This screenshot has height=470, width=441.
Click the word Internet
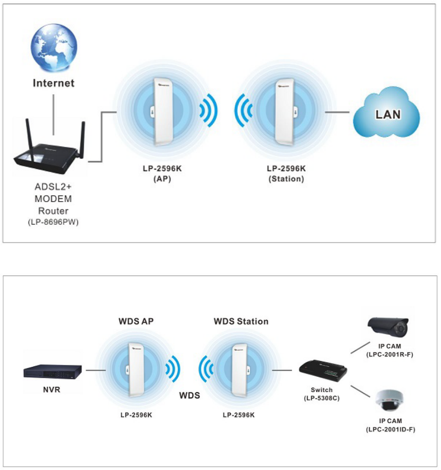pyautogui.click(x=54, y=83)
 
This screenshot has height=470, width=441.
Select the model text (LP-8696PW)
pyautogui.click(x=53, y=223)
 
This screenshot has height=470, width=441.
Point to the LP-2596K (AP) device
pyautogui.click(x=158, y=112)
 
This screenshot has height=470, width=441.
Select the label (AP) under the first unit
pyautogui.click(x=158, y=178)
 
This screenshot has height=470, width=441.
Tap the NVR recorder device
pyautogui.click(x=53, y=371)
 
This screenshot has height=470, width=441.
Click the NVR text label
pyautogui.click(x=53, y=391)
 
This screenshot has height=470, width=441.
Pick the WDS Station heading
pyautogui.click(x=241, y=321)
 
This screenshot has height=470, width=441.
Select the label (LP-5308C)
pyautogui.click(x=321, y=398)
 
